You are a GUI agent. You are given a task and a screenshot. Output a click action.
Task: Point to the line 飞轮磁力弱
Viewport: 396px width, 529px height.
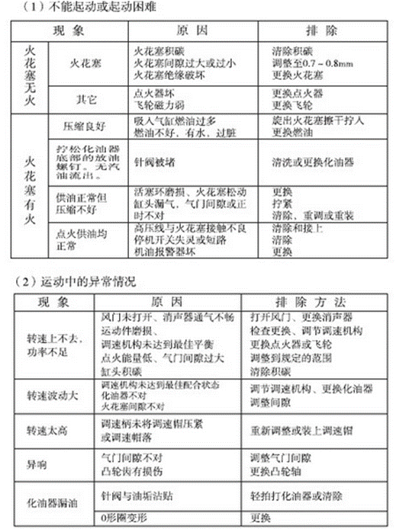click(x=156, y=104)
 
